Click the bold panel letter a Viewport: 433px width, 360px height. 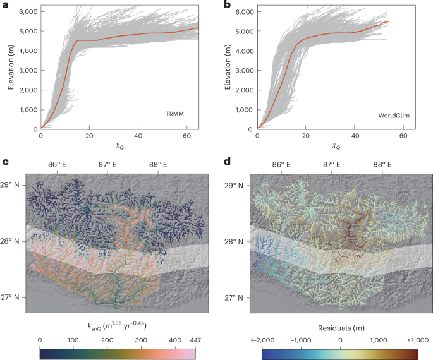point(5,5)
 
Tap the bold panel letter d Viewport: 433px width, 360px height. point(227,161)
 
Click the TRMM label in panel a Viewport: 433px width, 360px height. point(174,114)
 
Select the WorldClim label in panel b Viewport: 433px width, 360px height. point(394,116)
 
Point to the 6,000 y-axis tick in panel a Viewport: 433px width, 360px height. point(28,11)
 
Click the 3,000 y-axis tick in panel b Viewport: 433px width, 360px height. point(245,71)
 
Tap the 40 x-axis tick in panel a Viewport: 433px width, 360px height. point(138,135)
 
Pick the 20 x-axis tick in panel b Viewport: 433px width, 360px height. point(306,135)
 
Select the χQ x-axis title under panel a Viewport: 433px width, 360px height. point(119,146)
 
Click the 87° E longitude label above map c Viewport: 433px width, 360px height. point(107,165)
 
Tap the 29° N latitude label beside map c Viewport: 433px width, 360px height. point(9,185)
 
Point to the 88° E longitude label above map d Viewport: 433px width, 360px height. point(382,165)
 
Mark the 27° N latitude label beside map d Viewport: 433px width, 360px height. point(234,297)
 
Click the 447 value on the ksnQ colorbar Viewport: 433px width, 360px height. point(195,340)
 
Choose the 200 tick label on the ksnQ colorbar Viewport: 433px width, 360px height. point(107,340)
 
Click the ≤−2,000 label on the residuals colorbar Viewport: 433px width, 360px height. point(262,340)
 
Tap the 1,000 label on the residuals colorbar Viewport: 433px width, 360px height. point(379,340)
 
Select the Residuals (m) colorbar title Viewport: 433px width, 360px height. point(341,328)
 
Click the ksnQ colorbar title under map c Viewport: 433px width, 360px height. point(117,325)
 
